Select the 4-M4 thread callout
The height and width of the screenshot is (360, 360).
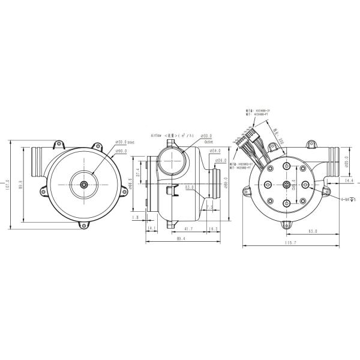click(x=347, y=199)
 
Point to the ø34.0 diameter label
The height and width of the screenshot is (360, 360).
click(x=215, y=151)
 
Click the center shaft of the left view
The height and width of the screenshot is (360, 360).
click(x=83, y=184)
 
